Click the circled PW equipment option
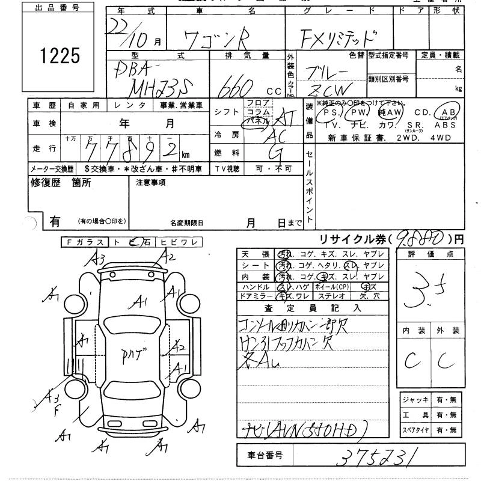pos(358,112)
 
